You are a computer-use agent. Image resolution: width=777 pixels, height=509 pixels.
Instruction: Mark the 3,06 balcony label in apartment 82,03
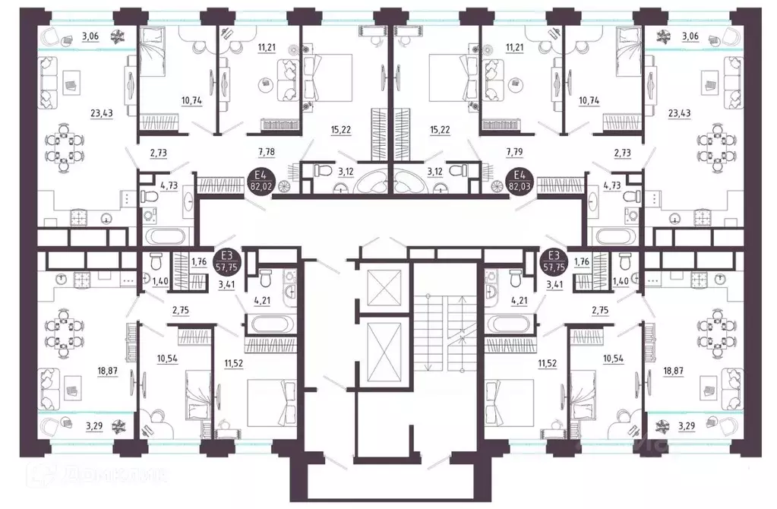click(690, 36)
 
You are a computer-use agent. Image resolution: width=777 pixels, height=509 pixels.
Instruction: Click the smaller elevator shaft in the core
click(377, 287)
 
